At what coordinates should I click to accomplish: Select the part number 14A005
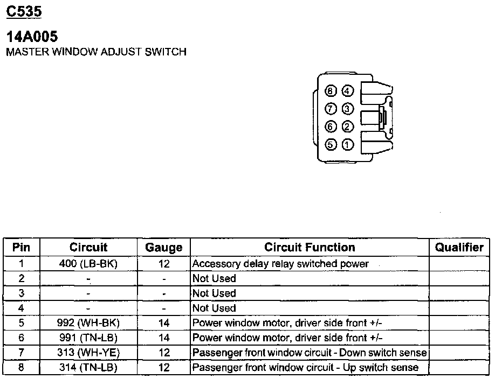pyautogui.click(x=32, y=37)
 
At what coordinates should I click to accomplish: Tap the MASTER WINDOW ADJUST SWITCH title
pyautogui.click(x=95, y=52)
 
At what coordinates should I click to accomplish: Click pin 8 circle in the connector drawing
pyautogui.click(x=331, y=92)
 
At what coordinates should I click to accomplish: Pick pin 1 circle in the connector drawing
pyautogui.click(x=348, y=145)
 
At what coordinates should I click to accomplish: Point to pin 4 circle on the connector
pyautogui.click(x=348, y=92)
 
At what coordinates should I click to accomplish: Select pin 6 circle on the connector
pyautogui.click(x=331, y=127)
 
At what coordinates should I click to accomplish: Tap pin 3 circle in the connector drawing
pyautogui.click(x=348, y=109)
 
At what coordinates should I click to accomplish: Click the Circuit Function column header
pyautogui.click(x=310, y=248)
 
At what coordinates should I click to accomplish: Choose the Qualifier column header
pyautogui.click(x=459, y=248)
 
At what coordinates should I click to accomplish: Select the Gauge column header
pyautogui.click(x=164, y=248)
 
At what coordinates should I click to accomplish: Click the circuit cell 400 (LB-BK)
pyautogui.click(x=88, y=264)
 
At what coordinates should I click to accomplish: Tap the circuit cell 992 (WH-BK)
pyautogui.click(x=88, y=323)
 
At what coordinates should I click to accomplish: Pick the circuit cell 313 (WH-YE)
pyautogui.click(x=88, y=353)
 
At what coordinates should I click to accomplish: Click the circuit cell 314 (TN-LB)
pyautogui.click(x=88, y=368)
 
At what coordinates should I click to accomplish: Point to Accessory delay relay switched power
pyautogui.click(x=280, y=264)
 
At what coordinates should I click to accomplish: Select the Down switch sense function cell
pyautogui.click(x=310, y=353)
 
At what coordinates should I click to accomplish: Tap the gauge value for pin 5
pyautogui.click(x=164, y=323)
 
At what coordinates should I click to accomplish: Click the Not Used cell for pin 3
pyautogui.click(x=214, y=293)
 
